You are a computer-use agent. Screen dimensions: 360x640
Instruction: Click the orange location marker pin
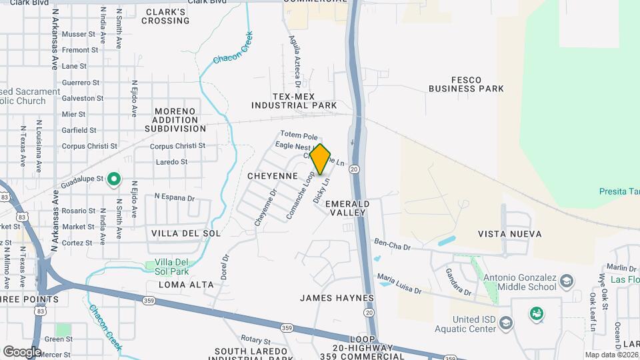coord(321,159)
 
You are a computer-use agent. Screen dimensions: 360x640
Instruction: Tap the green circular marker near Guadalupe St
coord(114,179)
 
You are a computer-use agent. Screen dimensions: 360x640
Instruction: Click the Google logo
coord(22,351)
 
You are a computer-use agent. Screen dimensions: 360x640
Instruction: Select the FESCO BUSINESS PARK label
coord(466,85)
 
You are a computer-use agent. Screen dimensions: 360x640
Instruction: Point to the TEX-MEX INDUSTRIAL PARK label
coord(294,101)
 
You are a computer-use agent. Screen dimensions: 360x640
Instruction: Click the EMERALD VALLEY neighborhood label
coord(347,208)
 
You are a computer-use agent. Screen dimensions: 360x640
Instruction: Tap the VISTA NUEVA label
coord(510,234)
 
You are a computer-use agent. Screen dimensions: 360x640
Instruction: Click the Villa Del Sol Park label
coord(172,267)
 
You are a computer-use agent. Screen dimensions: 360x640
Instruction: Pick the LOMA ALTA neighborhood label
coord(187,285)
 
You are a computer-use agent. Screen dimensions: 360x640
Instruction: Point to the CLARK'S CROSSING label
coord(166,17)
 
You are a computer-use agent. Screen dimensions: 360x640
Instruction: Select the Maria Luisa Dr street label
coord(399,283)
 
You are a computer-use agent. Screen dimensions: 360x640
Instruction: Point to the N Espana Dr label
coord(174,198)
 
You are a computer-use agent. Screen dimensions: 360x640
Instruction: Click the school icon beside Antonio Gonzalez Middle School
coord(567,280)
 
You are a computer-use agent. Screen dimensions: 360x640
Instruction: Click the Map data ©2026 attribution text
coord(611,355)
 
